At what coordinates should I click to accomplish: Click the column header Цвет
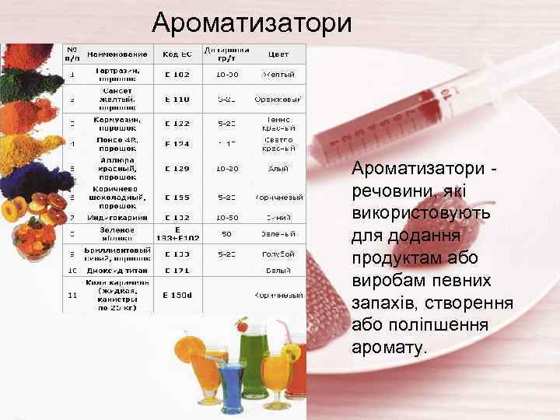click(x=278, y=54)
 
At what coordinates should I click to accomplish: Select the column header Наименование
click(x=117, y=54)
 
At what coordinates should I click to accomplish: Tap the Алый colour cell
click(x=278, y=168)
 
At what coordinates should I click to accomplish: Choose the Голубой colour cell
click(x=278, y=254)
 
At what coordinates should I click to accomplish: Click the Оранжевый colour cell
click(x=278, y=100)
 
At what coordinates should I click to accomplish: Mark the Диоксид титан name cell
click(x=117, y=271)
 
